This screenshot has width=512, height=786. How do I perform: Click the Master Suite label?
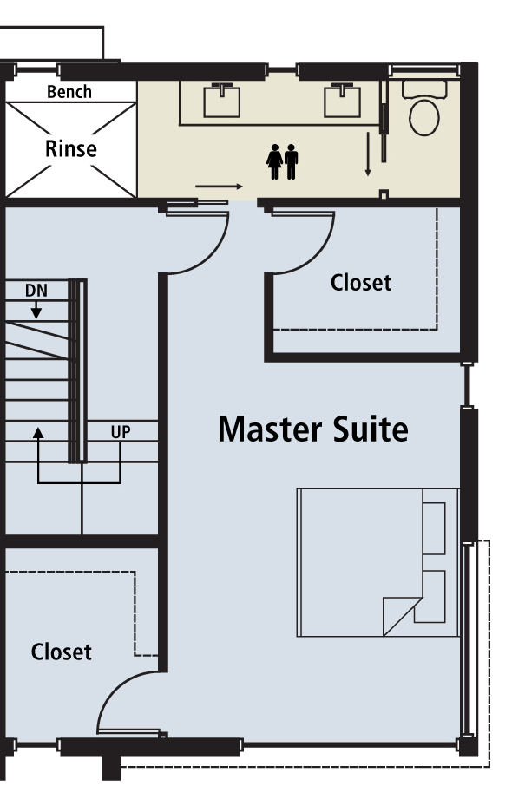[x=313, y=429]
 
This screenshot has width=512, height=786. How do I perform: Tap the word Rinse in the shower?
[x=70, y=148]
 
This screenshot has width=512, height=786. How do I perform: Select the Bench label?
[x=69, y=92]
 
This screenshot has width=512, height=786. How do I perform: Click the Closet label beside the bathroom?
[x=360, y=282]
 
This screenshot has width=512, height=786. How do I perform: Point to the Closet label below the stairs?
[x=61, y=652]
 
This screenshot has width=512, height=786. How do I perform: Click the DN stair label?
[x=36, y=291]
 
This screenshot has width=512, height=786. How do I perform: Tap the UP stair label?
[x=121, y=431]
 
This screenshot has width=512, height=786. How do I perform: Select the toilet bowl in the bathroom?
[x=424, y=117]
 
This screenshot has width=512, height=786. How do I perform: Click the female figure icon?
[x=274, y=161]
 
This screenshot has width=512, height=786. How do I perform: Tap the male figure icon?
[x=291, y=161]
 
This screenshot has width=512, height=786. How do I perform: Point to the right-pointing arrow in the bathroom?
[x=220, y=187]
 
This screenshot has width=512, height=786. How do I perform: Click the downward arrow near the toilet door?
[x=368, y=154]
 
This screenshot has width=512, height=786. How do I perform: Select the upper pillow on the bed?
[x=434, y=528]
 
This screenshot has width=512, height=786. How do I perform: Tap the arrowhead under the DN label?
[x=36, y=314]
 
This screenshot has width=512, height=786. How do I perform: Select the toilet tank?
[x=424, y=88]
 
